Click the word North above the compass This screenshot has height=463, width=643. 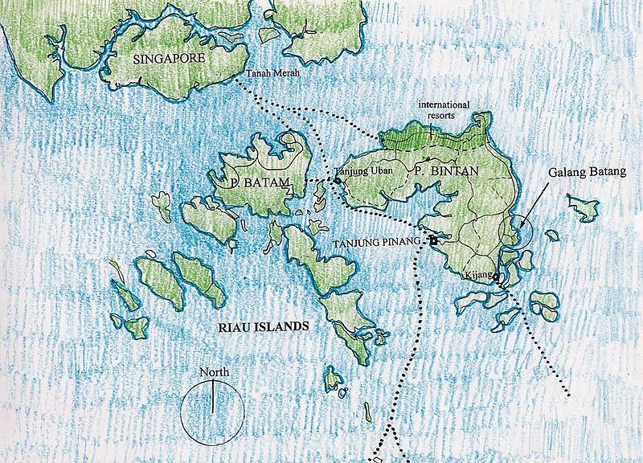[215, 372]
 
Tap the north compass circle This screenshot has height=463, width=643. [211, 410]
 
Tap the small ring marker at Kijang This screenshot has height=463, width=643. [495, 279]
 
